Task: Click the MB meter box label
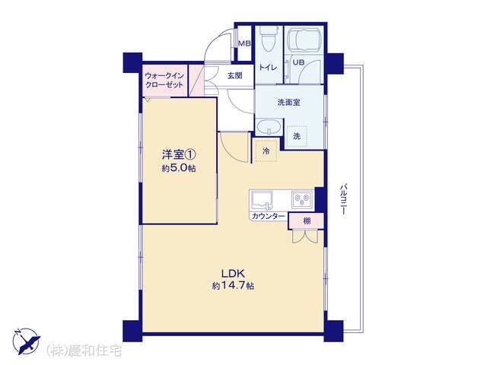pos(244,43)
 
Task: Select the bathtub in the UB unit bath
pos(304,40)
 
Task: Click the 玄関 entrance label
pos(234,75)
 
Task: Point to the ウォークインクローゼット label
pos(164,80)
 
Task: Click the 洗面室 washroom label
pos(289,102)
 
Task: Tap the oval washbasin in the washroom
pos(269,128)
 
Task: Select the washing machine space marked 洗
pos(298,136)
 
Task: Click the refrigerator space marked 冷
pos(266,151)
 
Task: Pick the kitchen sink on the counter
pos(262,201)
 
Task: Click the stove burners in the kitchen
pos(302,199)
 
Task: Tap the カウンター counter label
pos(268,217)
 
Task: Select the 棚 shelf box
pos(306,221)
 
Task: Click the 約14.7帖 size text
pos(234,285)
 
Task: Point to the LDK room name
pos(234,274)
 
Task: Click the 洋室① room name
pos(179,154)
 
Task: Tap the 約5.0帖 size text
pos(179,168)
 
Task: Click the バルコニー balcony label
pos(343,199)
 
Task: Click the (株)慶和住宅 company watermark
pos(84,351)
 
